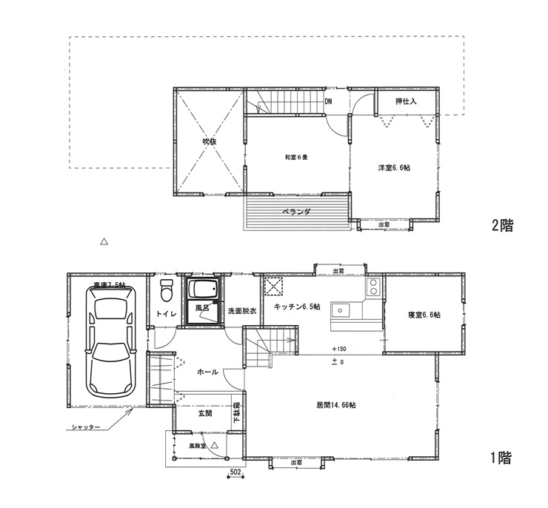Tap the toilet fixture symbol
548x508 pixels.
click(166, 290)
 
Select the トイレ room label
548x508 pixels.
click(164, 315)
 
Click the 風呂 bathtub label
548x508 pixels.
click(201, 306)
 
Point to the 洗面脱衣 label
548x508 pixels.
click(241, 311)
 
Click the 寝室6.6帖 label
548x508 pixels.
click(424, 315)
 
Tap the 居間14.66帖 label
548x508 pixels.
click(336, 405)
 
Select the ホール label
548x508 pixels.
click(207, 372)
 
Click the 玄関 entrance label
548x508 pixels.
click(205, 414)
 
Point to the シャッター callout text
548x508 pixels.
click(87, 429)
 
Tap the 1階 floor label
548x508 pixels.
click(501, 458)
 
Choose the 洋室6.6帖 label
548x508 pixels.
click(394, 168)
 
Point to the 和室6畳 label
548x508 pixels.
click(296, 158)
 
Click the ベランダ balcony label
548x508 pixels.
click(296, 212)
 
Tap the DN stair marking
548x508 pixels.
click(328, 102)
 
